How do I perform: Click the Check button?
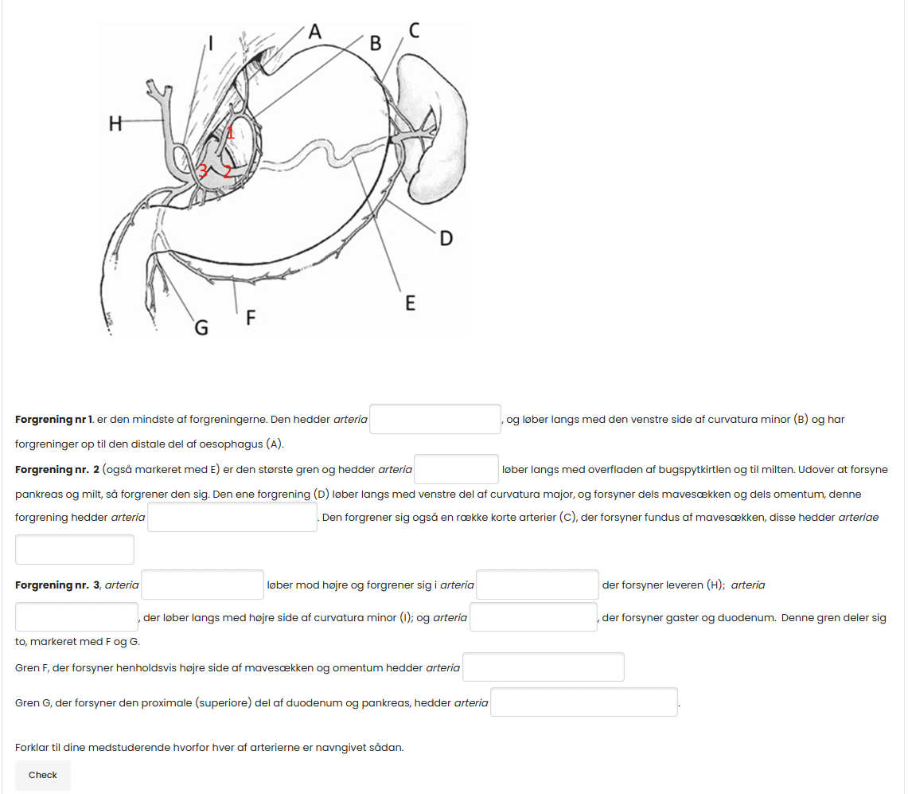tap(43, 775)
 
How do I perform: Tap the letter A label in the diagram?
tap(315, 33)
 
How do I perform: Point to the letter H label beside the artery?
tap(115, 123)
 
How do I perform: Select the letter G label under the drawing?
tap(202, 327)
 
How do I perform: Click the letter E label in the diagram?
tap(410, 303)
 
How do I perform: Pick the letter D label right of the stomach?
tap(446, 238)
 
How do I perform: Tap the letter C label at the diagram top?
tap(414, 30)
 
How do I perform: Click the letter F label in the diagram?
tap(251, 318)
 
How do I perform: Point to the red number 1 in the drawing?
tap(231, 132)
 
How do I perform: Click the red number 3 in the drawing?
tap(203, 170)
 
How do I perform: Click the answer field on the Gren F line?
tap(543, 667)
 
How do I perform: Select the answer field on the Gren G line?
tap(583, 702)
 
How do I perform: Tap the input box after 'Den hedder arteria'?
tap(435, 419)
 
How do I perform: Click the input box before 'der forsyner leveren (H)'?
tap(537, 585)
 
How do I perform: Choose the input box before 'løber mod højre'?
tap(202, 585)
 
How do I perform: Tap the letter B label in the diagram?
tap(376, 43)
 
